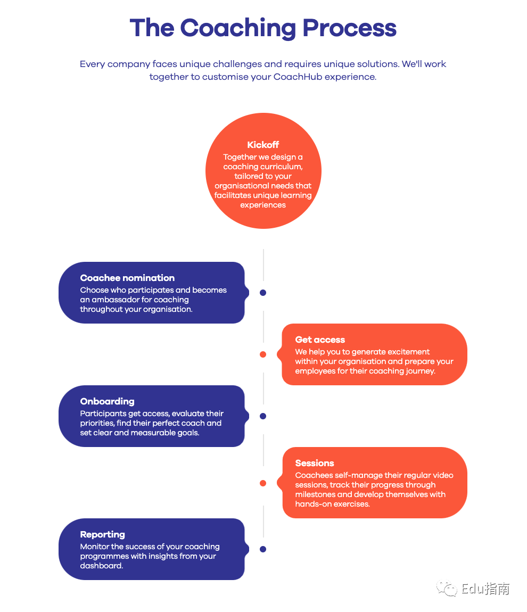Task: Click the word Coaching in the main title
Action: point(238,29)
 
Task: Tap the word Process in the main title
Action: point(349,28)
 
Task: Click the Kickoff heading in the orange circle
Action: point(263,145)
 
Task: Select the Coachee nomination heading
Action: point(127,278)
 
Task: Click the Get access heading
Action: point(320,340)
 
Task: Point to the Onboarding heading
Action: point(108,402)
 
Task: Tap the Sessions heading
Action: point(315,464)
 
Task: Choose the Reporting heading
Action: point(103,535)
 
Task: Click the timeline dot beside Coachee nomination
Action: point(263,293)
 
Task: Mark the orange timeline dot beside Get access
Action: point(263,354)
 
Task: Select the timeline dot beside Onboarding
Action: point(263,416)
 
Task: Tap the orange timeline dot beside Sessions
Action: point(263,483)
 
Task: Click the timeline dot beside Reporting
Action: point(263,549)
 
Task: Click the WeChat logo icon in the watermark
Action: point(447,589)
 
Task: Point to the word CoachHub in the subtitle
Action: point(298,77)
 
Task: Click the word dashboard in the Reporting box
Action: point(102,566)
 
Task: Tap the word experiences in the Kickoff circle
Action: point(263,205)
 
